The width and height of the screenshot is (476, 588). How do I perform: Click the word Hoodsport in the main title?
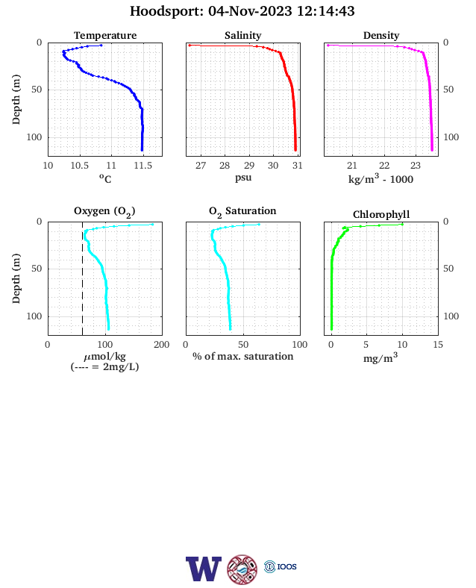coord(166,11)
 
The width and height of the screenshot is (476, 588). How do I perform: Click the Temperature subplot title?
coord(105,35)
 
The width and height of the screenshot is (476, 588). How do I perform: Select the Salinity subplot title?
coord(243,35)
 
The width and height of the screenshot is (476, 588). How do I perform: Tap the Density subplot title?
coord(381,35)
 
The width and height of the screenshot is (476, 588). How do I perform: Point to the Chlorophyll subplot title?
coord(381,214)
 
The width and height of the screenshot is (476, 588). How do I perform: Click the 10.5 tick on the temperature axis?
coord(80,166)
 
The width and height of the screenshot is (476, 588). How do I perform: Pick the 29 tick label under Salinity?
coord(249,166)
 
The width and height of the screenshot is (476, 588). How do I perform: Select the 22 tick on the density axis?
coord(384,166)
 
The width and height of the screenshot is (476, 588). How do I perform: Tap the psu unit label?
coord(243,178)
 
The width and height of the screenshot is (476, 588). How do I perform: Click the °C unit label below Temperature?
coord(105,178)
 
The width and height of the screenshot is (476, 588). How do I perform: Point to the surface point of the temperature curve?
coord(101,46)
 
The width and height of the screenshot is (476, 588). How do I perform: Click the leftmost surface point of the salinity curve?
coord(190,46)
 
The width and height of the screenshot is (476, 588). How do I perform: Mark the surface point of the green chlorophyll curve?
coord(402,225)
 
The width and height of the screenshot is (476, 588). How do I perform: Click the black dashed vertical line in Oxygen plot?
coord(83,278)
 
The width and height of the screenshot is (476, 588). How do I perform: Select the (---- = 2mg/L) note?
coord(104,366)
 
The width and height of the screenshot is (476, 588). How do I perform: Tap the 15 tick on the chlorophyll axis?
coord(438,345)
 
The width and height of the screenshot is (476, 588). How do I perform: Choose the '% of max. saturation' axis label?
coord(243,356)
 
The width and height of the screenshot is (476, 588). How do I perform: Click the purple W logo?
coord(204,569)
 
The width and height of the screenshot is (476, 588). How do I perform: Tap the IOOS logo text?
coord(286,566)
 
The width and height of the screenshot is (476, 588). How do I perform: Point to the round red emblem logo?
coord(242,569)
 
